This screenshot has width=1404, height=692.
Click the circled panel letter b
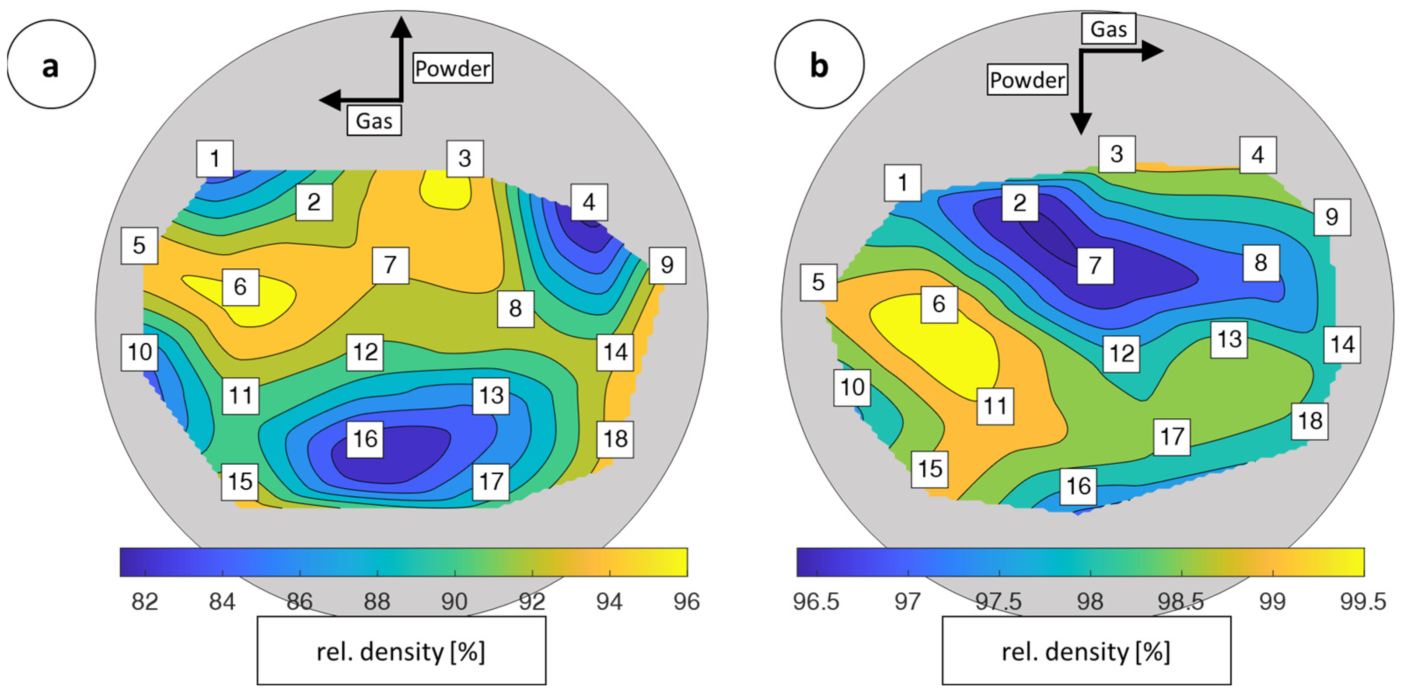point(819,64)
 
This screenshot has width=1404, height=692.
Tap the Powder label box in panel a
point(452,68)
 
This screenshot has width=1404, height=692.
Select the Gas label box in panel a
point(374,120)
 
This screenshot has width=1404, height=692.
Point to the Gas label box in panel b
point(1108,29)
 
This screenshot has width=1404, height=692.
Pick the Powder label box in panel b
point(1027,80)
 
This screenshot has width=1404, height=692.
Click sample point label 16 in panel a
point(365,438)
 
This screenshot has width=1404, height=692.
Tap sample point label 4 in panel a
point(589,202)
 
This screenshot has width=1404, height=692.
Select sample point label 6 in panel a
point(241,287)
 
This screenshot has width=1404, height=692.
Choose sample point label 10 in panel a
point(140,352)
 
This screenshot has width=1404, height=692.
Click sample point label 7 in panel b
point(1095,265)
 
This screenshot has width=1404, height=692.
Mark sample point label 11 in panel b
point(995,406)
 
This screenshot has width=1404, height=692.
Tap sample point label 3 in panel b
point(1117,154)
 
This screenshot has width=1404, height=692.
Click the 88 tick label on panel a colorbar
point(377,602)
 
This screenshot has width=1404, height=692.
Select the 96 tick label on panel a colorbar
point(686,602)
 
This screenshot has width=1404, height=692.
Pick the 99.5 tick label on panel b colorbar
point(1362,602)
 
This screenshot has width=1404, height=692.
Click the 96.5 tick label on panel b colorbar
point(816,602)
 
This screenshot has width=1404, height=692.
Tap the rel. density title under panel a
point(401,651)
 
